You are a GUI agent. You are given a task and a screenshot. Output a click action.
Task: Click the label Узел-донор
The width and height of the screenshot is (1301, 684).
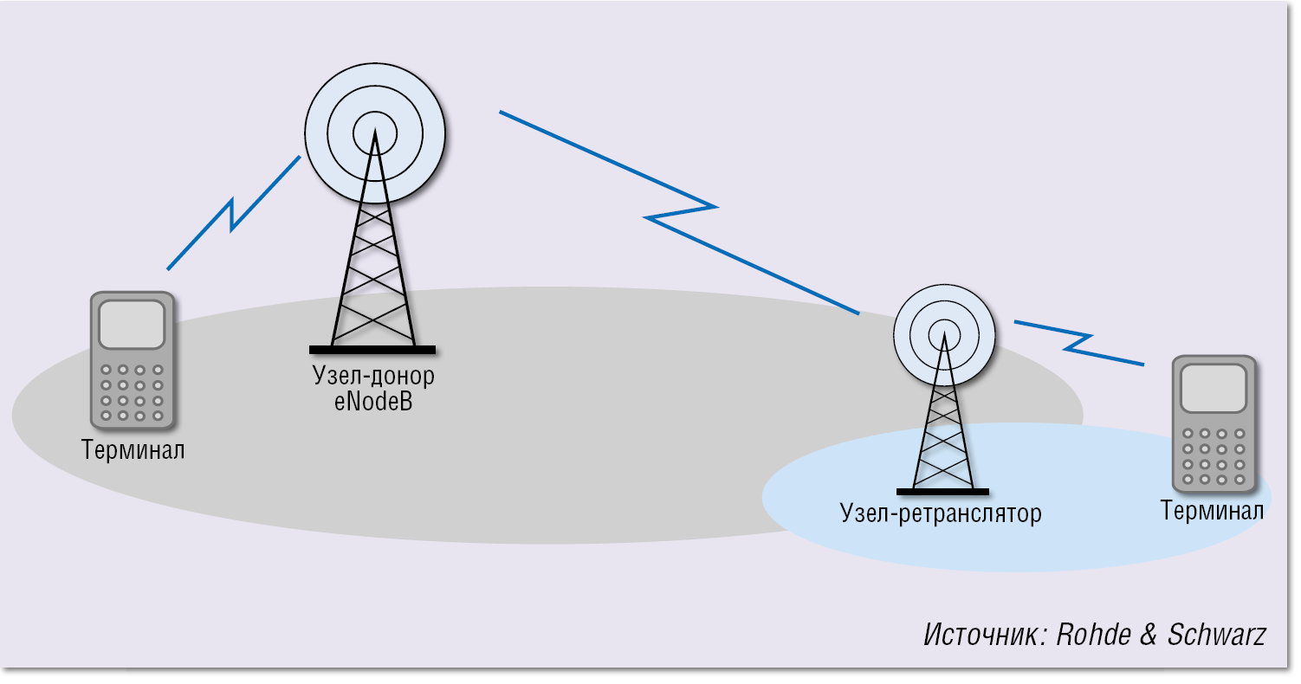372,377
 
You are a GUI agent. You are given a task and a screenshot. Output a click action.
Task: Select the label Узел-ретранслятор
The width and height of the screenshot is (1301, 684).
940,513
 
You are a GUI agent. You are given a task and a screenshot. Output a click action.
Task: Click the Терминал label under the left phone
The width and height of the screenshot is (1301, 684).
133,450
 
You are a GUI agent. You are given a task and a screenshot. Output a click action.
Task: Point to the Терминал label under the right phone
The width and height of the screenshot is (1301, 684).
1212,511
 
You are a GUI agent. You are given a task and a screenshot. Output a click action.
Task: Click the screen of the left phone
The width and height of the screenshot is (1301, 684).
132,326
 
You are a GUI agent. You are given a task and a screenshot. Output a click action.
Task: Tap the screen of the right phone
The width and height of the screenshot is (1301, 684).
1213,389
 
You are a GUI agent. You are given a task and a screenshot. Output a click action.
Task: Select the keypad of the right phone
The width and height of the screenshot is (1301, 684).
1213,455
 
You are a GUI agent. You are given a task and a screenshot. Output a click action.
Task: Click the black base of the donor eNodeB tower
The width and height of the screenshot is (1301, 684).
372,350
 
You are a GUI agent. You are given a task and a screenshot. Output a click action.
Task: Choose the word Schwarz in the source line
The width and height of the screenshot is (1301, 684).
1216,635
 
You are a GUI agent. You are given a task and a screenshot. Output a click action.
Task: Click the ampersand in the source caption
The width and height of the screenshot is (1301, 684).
1149,635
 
